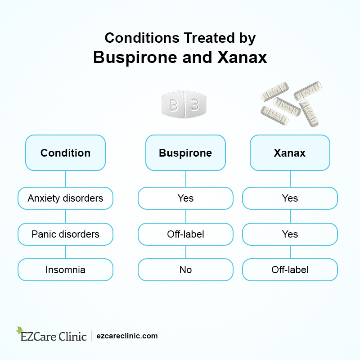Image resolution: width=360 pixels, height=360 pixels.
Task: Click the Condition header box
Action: click(65, 153)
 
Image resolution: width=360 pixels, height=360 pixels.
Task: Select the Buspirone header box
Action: click(185, 153)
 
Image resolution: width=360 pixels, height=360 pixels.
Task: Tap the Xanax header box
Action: click(290, 153)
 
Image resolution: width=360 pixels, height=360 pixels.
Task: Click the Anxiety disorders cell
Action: click(65, 198)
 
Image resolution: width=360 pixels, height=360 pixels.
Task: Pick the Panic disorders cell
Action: click(65, 234)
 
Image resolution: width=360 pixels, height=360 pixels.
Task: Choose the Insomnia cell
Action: click(65, 270)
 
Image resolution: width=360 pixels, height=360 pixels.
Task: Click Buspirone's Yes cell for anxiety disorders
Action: click(185, 198)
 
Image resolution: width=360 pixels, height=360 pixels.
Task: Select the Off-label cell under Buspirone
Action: click(185, 234)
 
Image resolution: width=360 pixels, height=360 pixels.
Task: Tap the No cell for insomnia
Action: click(185, 270)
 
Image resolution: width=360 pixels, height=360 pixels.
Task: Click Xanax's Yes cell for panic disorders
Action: click(290, 234)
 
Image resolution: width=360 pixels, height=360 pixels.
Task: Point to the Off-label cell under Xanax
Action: click(290, 270)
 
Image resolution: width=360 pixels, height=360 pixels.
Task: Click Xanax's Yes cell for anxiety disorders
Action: click(290, 198)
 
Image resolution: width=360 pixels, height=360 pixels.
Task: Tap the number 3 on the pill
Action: click(194, 106)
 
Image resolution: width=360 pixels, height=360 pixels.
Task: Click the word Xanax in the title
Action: click(243, 58)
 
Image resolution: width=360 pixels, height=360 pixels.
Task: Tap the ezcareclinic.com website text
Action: click(127, 336)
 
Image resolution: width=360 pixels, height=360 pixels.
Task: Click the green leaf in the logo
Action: click(19, 330)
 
